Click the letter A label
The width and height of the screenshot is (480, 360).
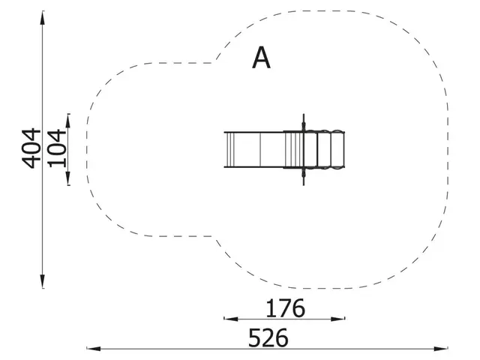261,58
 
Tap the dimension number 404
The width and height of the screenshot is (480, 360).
31,148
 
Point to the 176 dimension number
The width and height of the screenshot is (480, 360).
285,307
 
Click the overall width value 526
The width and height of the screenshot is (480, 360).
268,337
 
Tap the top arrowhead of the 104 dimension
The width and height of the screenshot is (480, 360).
68,118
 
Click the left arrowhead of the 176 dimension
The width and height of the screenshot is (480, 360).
227,319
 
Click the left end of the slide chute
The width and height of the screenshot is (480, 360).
225,149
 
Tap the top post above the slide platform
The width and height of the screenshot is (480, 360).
304,121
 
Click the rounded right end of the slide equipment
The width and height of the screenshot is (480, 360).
345,149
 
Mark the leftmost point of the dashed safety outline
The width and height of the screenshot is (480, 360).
87,149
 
